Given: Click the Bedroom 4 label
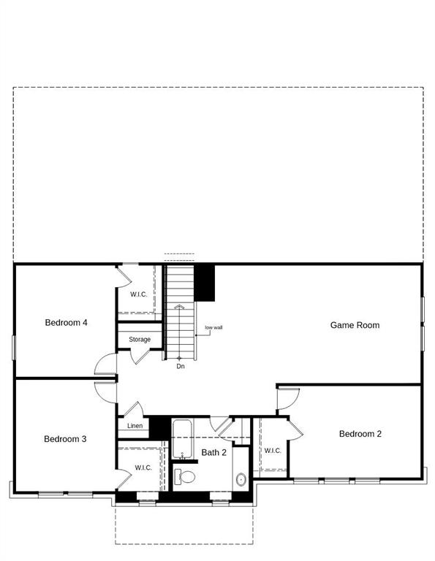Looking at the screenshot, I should pyautogui.click(x=67, y=322).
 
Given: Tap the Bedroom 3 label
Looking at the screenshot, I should pyautogui.click(x=65, y=439).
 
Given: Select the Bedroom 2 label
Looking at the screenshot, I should pyautogui.click(x=360, y=434).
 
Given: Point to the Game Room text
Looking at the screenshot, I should pyautogui.click(x=355, y=325).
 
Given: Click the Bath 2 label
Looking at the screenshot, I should pyautogui.click(x=214, y=453).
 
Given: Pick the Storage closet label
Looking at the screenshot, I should pyautogui.click(x=140, y=340).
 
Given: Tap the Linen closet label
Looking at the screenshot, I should pyautogui.click(x=135, y=426).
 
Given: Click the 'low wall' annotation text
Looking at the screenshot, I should pyautogui.click(x=213, y=327).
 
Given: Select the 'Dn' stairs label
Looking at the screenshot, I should pyautogui.click(x=181, y=366).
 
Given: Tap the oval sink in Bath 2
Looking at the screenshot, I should pyautogui.click(x=241, y=480).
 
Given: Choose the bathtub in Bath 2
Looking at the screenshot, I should pyautogui.click(x=181, y=437).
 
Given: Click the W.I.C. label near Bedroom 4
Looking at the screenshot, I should pyautogui.click(x=139, y=294).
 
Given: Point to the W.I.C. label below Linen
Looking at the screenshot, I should pyautogui.click(x=143, y=467).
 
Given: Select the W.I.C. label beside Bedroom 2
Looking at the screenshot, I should pyautogui.click(x=273, y=451).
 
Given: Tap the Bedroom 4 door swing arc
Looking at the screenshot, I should pyautogui.click(x=105, y=362).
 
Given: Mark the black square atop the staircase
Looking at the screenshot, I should pyautogui.click(x=205, y=282).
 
